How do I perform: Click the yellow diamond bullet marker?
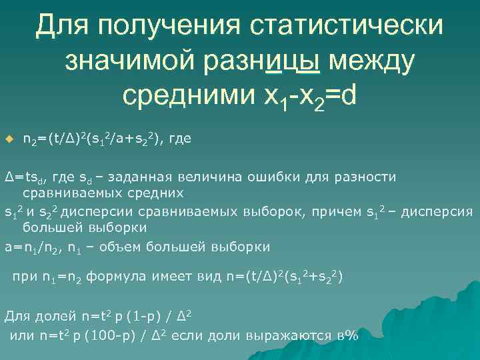9,139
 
